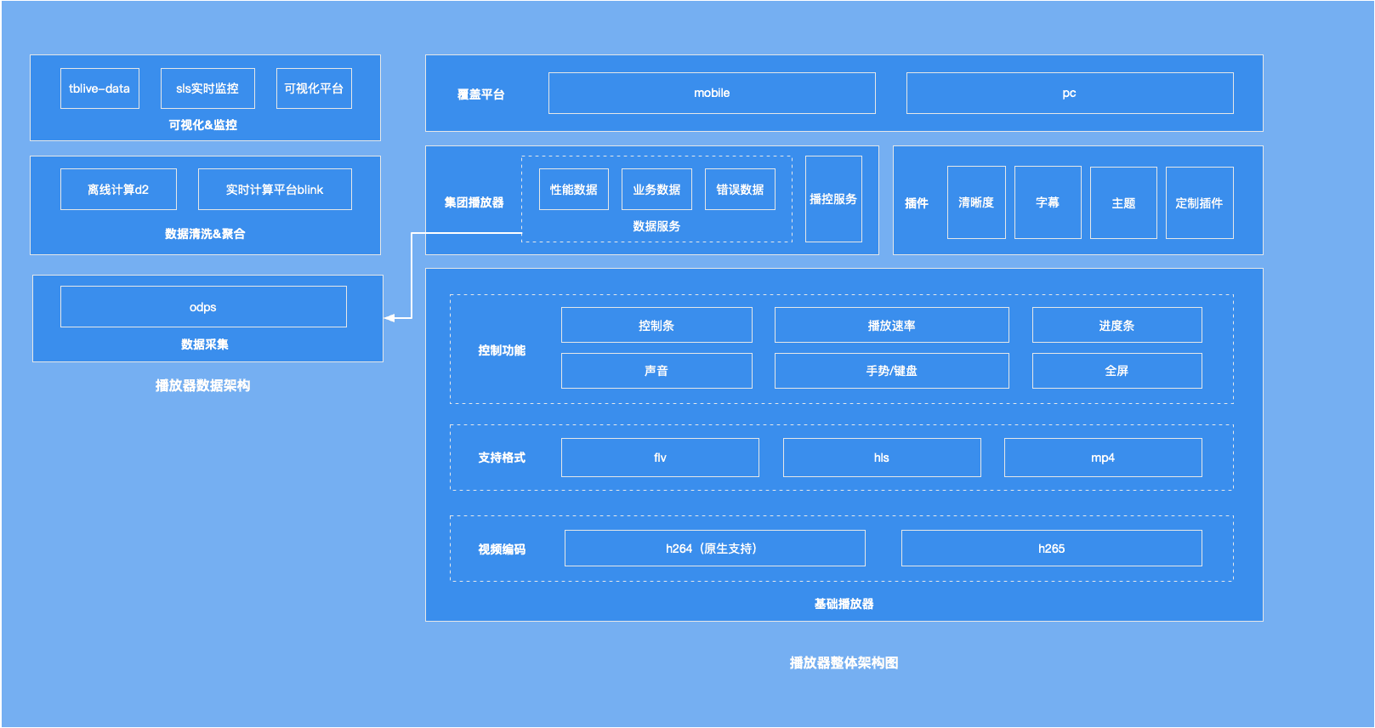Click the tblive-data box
tap(99, 88)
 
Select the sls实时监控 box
tap(207, 88)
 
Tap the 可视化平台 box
tap(314, 88)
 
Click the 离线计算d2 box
tap(118, 190)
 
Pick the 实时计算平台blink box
tap(275, 190)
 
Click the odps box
tap(203, 307)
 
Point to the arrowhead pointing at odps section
tap(389, 318)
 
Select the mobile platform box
tap(712, 94)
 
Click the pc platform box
tap(1069, 94)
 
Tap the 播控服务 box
tap(833, 199)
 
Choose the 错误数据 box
tap(740, 190)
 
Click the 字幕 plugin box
tap(1048, 202)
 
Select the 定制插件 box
tap(1199, 203)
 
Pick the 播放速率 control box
tap(891, 326)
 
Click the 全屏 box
tap(1116, 371)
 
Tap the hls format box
tap(882, 458)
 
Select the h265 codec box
tap(1051, 549)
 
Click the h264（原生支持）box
tap(714, 549)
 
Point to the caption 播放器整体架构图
tap(844, 663)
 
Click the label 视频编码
tap(502, 549)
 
